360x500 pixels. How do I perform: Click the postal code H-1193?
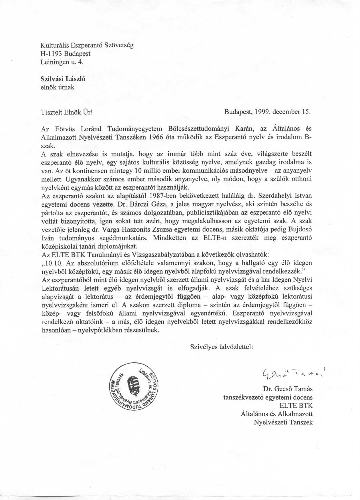(52, 54)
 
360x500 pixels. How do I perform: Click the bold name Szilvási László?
(63, 79)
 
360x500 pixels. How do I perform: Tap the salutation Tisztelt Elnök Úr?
(67, 112)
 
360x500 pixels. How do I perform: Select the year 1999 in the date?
(262, 112)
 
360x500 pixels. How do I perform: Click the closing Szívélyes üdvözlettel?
(221, 347)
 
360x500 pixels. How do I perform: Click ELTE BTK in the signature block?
(296, 405)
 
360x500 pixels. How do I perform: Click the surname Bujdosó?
(299, 229)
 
